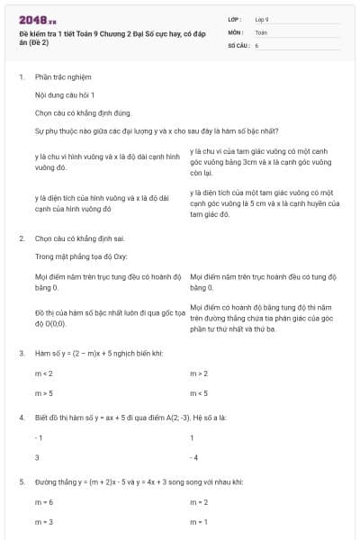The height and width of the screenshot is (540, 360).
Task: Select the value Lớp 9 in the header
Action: [262, 18]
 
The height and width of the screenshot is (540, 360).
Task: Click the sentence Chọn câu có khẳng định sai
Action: [86, 239]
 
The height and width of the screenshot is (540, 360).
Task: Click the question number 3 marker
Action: [21, 353]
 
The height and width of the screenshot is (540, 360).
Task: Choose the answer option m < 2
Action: [44, 373]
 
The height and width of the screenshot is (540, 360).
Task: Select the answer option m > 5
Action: [44, 393]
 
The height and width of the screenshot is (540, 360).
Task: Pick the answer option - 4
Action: [193, 458]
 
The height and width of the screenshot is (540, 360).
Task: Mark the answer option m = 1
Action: [200, 522]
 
